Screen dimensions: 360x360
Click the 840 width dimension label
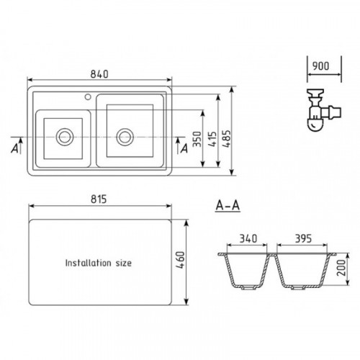(99, 74)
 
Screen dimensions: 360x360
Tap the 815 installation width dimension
(99, 199)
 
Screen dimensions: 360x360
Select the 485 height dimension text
(226, 139)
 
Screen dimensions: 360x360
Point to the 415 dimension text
(212, 139)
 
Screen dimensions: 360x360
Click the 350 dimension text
(197, 139)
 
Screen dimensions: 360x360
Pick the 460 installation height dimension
(181, 260)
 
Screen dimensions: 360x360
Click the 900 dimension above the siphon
(321, 66)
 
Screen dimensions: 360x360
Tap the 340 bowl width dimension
(248, 238)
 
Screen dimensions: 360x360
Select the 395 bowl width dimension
(303, 238)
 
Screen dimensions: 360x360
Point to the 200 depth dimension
(341, 268)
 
